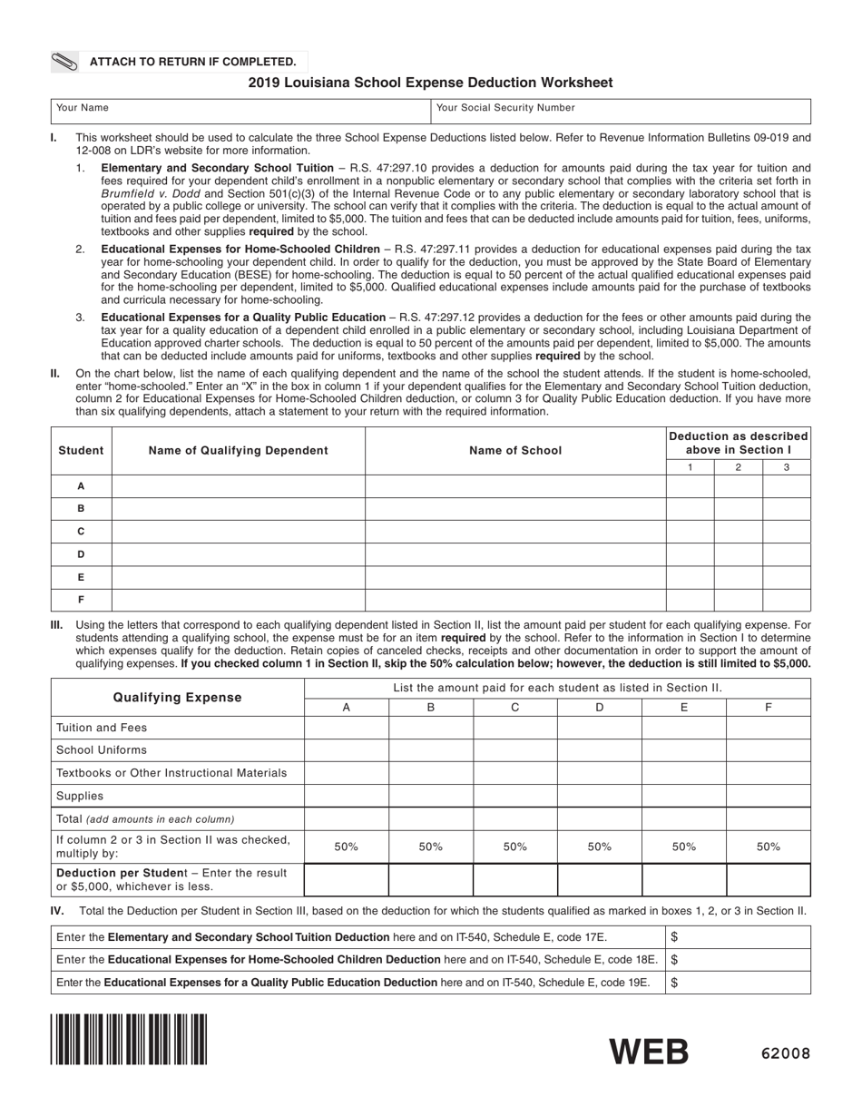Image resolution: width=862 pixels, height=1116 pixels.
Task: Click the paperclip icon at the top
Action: pos(65,63)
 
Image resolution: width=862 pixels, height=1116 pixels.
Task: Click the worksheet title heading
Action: pos(430,83)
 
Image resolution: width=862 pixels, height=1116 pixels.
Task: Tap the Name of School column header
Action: pos(515,450)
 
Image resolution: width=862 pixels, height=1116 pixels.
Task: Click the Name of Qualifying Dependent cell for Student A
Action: pos(239,486)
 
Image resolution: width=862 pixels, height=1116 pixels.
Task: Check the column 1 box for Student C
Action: pos(690,532)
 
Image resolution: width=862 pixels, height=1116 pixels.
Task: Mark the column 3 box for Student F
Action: pos(786,600)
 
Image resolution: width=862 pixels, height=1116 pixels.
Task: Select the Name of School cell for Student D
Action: pos(515,554)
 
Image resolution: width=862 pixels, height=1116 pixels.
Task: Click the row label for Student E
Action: pos(82,577)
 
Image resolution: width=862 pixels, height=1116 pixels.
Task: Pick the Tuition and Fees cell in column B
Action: pos(431,728)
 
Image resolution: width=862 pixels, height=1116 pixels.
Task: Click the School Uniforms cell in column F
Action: pos(769,750)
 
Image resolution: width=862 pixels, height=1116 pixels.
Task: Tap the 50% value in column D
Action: pos(599,847)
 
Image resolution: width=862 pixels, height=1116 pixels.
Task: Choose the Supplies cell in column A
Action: pos(347,796)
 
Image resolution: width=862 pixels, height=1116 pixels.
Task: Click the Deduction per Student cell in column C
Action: pos(515,880)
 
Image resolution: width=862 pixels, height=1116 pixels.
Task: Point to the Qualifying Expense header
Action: pos(178,698)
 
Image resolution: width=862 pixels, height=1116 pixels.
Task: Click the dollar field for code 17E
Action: pos(739,936)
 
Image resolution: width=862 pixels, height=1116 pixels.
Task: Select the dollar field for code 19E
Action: pos(739,982)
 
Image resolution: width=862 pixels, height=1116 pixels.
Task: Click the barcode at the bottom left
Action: pos(129,1039)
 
